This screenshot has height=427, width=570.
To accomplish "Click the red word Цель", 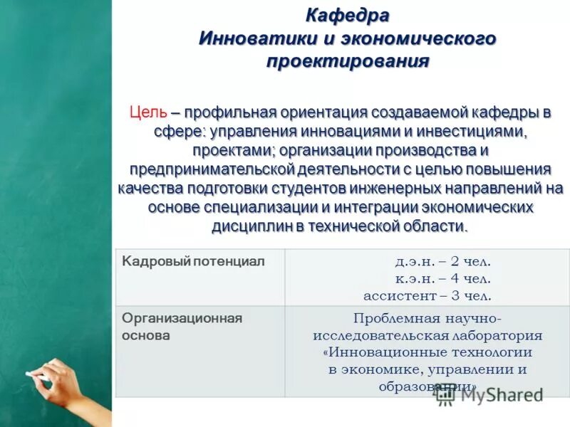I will [x=148, y=112].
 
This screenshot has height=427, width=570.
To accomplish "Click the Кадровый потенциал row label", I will [x=193, y=262].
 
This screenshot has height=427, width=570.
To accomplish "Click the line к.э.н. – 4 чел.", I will [x=443, y=278].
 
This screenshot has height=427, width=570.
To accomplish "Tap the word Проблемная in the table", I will [x=390, y=318].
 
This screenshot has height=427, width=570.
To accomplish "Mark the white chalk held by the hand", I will [x=33, y=374].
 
